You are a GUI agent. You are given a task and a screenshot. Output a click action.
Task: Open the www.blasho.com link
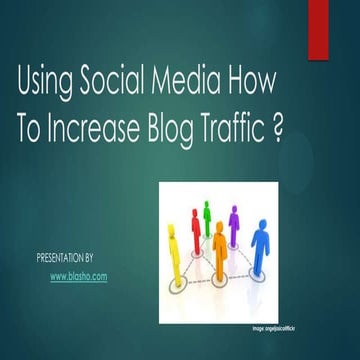78,274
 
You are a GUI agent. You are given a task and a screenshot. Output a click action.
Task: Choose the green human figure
208,214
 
